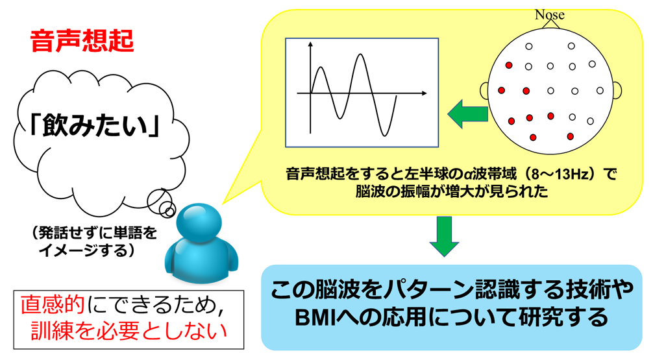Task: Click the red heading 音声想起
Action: pos(82,42)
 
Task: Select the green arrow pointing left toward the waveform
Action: pos(467,114)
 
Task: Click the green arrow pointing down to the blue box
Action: pos(445,236)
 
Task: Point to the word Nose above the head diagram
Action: pos(550,14)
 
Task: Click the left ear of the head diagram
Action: pos(484,90)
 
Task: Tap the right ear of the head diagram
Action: pos(617,90)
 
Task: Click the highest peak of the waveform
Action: pos(360,54)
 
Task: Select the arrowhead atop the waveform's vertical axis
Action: pos(310,45)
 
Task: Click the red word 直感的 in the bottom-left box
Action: pos(53,305)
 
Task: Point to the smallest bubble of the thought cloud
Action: pos(169,212)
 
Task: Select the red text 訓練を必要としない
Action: pos(129,331)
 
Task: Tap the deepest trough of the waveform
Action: pos(385,134)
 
